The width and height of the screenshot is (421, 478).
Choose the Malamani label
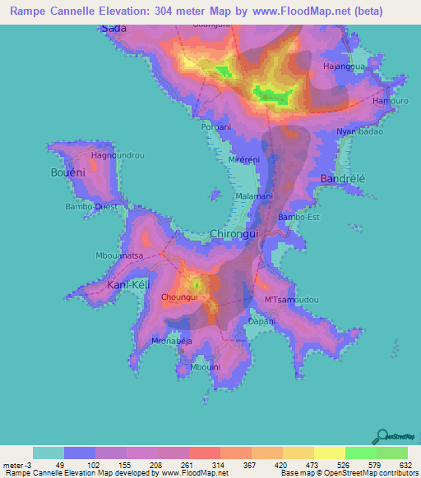(253, 197)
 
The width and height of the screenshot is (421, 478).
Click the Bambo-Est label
(298, 217)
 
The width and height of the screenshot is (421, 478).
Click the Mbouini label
(206, 367)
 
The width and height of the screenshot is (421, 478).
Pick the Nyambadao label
(359, 131)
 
